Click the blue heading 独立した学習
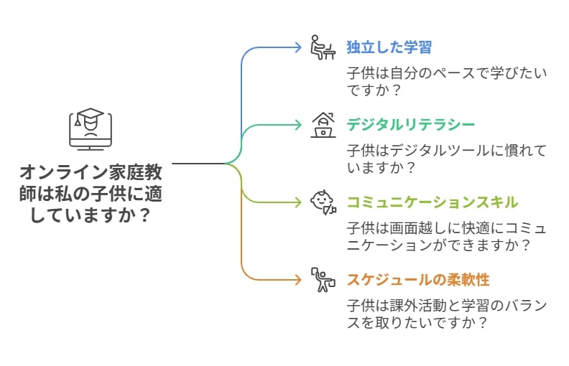389,47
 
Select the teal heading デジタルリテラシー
410,125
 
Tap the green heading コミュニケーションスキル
432,202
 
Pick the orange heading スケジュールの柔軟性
418,280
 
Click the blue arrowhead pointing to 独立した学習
298,47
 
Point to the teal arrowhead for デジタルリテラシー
298,125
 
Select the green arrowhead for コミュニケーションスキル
298,202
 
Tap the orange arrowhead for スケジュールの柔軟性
298,280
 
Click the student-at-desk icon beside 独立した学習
323,47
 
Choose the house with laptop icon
323,125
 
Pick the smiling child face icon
323,202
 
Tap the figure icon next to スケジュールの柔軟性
323,280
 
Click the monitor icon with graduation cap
91,129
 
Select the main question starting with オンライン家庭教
91,194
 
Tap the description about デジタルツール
447,159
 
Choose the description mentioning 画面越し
447,237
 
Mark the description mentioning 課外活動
447,314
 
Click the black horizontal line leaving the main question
199,164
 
